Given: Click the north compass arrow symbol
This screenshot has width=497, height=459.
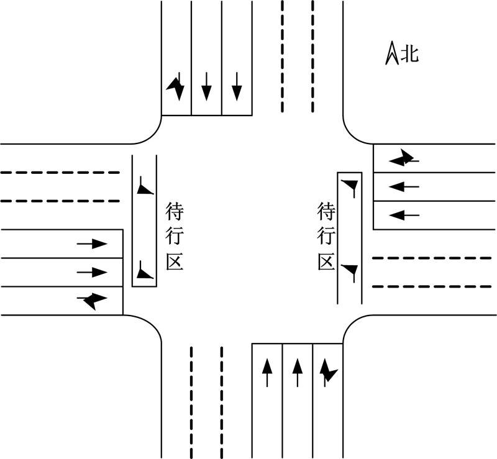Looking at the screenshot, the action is click(x=392, y=53).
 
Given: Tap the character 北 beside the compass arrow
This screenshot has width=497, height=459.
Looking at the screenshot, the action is click(x=410, y=54).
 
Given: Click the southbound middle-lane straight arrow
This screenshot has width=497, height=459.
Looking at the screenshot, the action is click(x=207, y=86).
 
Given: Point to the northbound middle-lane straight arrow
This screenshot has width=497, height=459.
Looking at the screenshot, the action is click(x=298, y=373).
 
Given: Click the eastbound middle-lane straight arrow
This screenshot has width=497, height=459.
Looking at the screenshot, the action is click(x=92, y=272).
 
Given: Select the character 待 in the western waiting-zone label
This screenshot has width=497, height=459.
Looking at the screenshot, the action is click(x=175, y=212).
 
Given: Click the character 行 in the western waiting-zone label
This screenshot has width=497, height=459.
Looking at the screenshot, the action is click(x=175, y=236).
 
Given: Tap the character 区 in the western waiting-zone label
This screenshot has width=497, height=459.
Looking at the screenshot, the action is click(x=175, y=261).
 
